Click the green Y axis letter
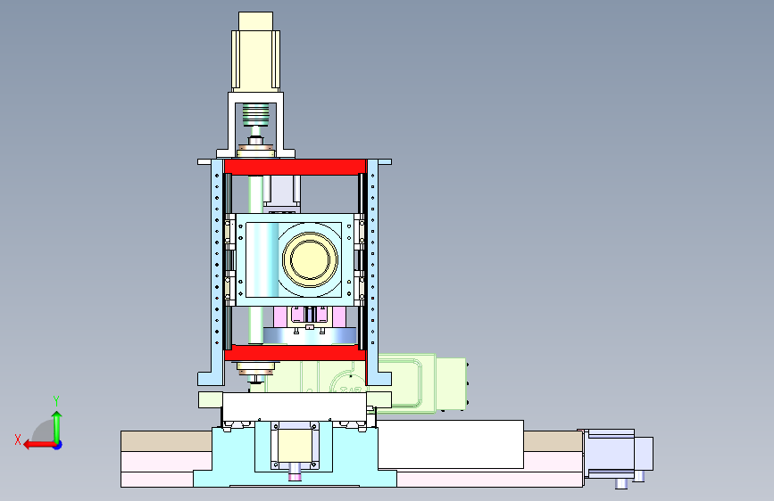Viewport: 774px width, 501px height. pyautogui.click(x=56, y=401)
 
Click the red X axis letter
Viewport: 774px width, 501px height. pyautogui.click(x=18, y=439)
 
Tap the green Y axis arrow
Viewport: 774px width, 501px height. pyautogui.click(x=57, y=427)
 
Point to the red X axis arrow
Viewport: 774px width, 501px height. pyautogui.click(x=40, y=445)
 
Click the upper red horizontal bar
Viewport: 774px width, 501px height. pyautogui.click(x=295, y=167)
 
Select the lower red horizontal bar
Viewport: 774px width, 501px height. pyautogui.click(x=295, y=353)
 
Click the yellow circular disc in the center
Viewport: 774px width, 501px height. pyautogui.click(x=310, y=259)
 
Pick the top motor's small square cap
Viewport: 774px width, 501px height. pyautogui.click(x=255, y=21)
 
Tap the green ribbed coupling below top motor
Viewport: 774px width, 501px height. pyautogui.click(x=255, y=114)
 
